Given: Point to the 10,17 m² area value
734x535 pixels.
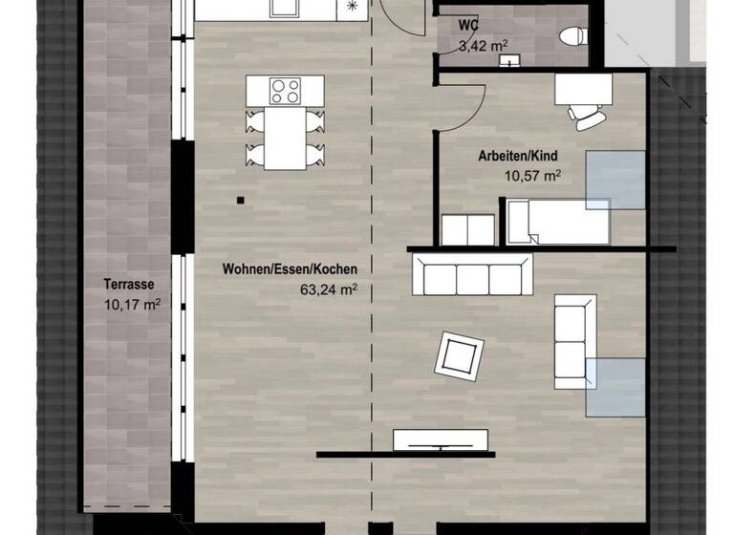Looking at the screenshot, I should [131, 305].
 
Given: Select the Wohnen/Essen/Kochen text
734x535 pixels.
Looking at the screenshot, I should [276, 270].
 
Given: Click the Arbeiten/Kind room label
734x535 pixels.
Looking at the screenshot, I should [517, 156].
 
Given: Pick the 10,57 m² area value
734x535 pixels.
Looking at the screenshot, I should [531, 176].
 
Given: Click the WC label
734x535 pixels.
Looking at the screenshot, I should [468, 25].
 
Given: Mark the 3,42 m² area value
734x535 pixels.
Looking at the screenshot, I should [481, 45].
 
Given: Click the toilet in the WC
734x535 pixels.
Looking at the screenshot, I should [572, 36].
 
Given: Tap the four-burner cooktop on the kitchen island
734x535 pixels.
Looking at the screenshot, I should [285, 91].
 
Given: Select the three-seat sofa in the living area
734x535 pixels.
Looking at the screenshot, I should [472, 278].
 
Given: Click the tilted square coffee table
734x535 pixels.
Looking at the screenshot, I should [459, 355].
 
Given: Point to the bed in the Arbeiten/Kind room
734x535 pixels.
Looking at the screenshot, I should [557, 221].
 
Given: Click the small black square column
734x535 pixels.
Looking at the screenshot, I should [240, 200].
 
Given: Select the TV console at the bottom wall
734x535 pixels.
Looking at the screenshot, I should [441, 439].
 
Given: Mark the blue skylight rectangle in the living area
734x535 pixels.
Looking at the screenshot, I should [615, 386].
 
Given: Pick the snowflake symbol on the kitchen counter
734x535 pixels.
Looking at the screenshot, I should [351, 7].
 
